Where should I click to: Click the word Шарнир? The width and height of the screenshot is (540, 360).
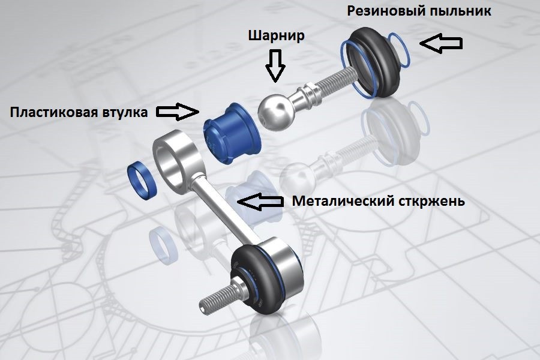tap(277, 35)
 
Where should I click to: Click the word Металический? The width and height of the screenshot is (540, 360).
tap(341, 201)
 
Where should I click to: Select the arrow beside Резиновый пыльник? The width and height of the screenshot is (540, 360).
tap(440, 43)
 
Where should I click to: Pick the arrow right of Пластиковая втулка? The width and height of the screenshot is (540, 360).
tap(178, 110)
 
